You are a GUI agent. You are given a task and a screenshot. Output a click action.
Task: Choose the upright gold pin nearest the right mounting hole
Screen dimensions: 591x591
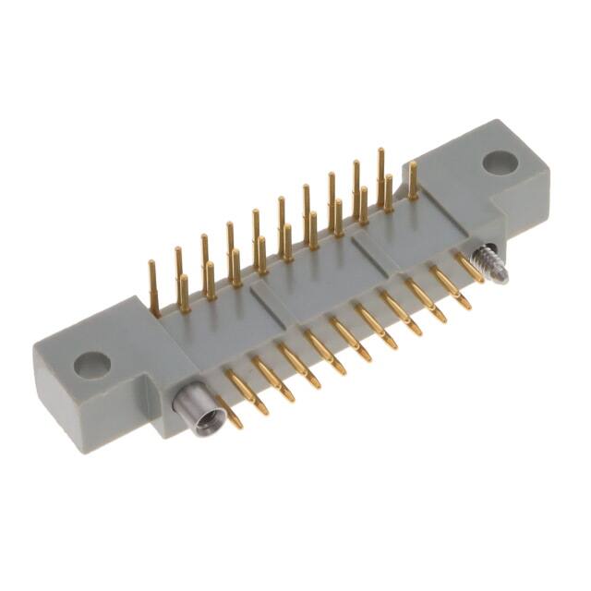pyautogui.click(x=413, y=181)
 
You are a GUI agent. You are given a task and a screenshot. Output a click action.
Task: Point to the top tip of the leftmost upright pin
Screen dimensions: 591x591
pyautogui.click(x=151, y=265)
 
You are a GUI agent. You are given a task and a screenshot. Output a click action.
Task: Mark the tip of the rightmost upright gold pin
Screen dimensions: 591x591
pyautogui.click(x=413, y=164)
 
